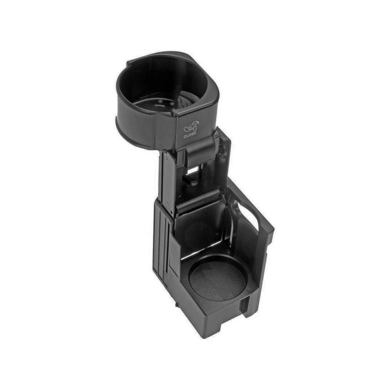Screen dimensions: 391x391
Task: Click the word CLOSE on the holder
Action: click(x=190, y=136)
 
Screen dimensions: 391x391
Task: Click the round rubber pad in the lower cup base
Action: click(x=217, y=278)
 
